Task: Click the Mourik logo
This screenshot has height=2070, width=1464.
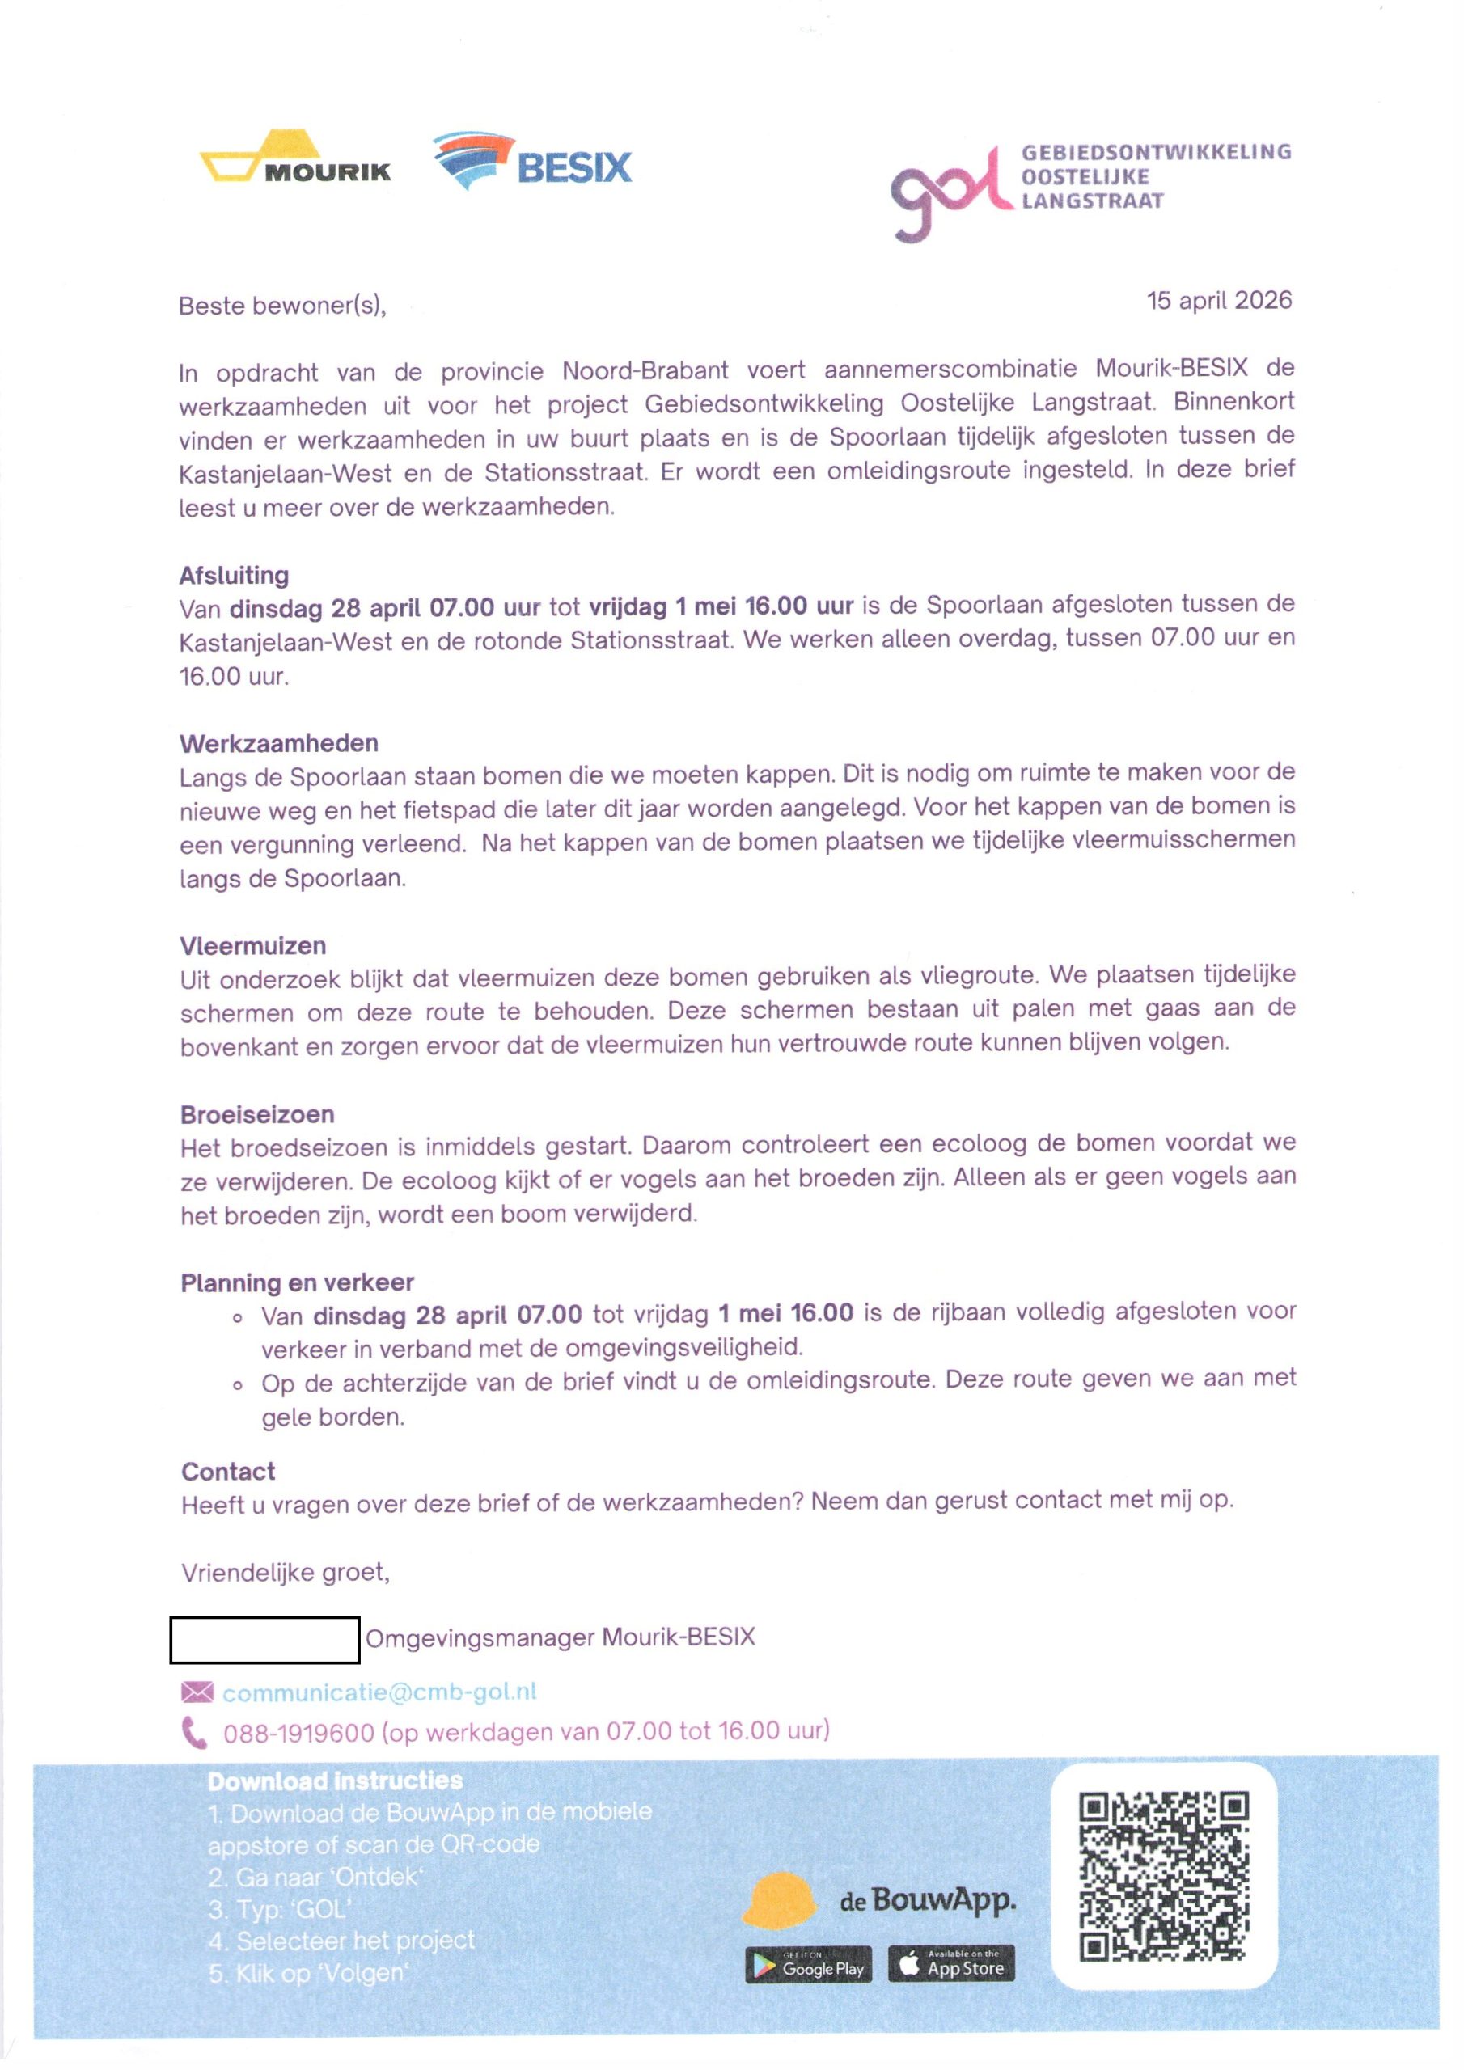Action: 295,158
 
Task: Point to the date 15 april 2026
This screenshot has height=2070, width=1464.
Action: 1219,300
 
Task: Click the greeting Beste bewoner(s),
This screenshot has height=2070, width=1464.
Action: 282,306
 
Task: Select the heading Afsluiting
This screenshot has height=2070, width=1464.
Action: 234,575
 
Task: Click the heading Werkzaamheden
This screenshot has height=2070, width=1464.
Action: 279,744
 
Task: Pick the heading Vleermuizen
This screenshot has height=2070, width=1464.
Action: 252,947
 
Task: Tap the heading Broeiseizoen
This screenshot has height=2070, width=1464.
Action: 257,1115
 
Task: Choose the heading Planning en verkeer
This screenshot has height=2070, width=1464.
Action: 297,1283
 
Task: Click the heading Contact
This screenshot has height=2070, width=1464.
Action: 228,1472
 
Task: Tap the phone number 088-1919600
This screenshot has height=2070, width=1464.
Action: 298,1733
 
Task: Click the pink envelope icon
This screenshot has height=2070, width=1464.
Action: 197,1692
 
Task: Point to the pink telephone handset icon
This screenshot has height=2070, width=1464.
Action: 194,1733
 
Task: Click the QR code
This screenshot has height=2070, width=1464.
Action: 1164,1876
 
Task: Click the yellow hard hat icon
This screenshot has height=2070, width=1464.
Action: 777,1899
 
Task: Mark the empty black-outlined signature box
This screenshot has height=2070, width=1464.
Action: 264,1640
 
